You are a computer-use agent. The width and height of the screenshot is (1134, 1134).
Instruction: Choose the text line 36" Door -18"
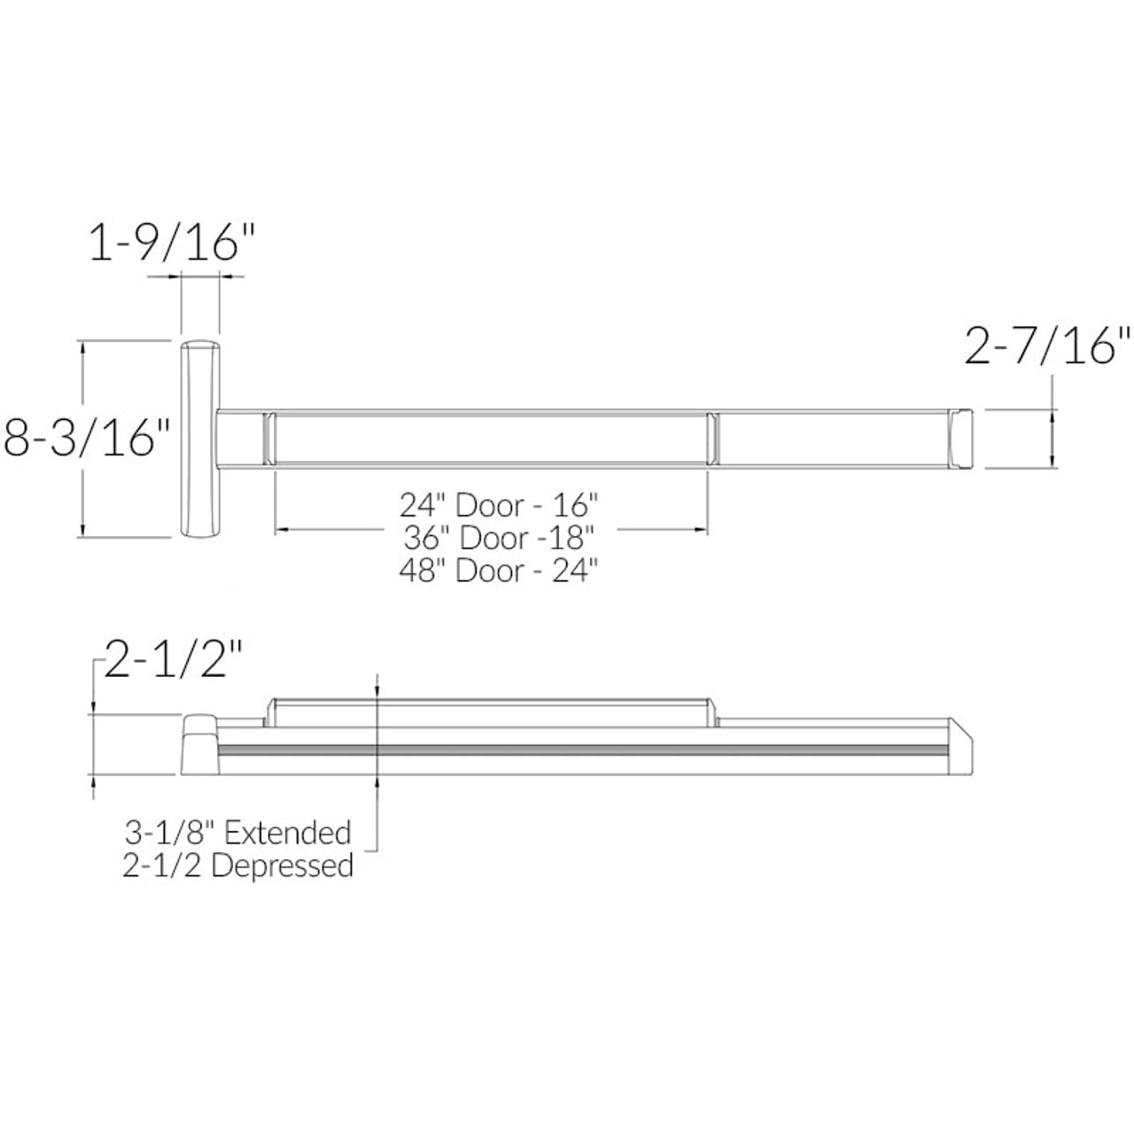coord(498,538)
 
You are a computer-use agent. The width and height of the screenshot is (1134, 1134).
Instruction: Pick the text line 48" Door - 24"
coord(500,570)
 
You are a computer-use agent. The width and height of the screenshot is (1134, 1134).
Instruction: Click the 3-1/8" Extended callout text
coord(237,833)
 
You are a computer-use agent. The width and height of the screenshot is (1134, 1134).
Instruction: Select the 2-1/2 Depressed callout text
coord(238,866)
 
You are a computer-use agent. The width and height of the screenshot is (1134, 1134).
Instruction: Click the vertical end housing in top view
coord(200,438)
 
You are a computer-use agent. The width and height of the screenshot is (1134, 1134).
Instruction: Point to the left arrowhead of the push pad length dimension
coord(280,530)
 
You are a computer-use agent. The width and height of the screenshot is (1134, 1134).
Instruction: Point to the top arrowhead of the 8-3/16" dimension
coord(83,348)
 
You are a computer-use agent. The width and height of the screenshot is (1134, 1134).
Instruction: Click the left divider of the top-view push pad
coord(271,437)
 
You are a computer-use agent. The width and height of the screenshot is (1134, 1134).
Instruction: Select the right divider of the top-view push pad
coord(712,437)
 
